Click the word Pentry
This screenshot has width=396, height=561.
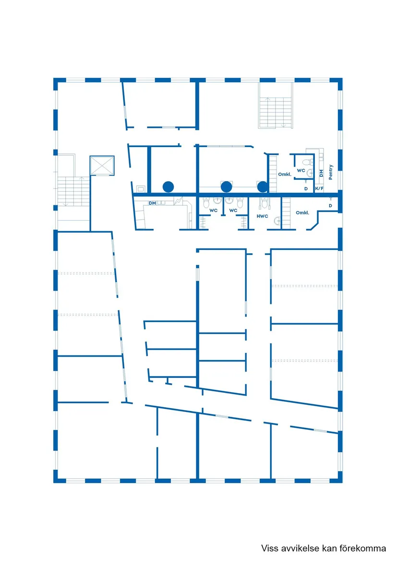coord(331,172)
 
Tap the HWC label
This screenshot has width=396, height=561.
coord(263,216)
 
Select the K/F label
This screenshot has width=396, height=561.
coord(319,188)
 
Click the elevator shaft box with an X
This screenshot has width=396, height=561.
coord(102,165)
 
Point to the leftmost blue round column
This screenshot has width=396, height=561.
coord(168,187)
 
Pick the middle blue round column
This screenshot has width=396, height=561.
coord(226,187)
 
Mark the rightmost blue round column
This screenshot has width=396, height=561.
coord(263,187)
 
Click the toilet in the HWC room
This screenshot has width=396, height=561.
coord(264,203)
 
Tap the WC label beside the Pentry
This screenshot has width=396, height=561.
coord(301,170)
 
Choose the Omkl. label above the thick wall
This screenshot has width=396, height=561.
coord(285,174)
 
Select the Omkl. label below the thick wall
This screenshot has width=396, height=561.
coord(302,212)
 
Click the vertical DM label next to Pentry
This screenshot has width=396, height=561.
coord(321,173)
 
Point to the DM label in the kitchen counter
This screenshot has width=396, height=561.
coord(152,203)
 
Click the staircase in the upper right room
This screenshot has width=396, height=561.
coord(276,112)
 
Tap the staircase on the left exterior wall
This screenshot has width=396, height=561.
coord(73,191)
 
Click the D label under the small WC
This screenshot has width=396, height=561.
coord(306,188)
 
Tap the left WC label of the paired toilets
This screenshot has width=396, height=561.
coord(214,211)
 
